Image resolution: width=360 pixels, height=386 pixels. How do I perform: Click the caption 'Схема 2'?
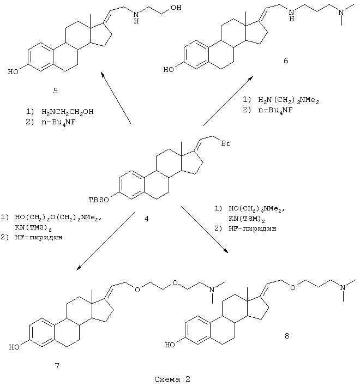pyautogui.click(x=170, y=377)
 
